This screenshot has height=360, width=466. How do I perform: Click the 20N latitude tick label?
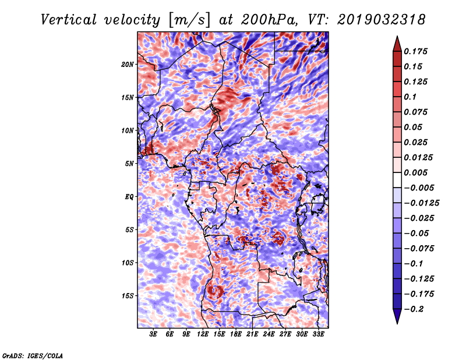tap(128, 65)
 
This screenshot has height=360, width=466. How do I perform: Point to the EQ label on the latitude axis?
tap(129, 197)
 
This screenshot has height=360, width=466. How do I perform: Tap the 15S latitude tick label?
tap(128, 296)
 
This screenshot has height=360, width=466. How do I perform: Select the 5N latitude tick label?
tap(129, 164)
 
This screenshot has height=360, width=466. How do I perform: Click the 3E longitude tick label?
tap(153, 334)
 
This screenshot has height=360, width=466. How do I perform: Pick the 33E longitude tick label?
tap(318, 334)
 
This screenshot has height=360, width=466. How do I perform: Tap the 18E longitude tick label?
tap(236, 334)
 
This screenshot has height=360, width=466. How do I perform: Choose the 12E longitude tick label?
tap(203, 334)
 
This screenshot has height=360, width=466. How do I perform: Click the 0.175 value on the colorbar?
tap(415, 51)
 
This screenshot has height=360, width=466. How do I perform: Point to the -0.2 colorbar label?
tap(414, 309)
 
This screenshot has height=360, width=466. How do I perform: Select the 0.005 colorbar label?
tap(415, 172)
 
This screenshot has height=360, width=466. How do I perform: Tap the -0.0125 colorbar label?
tap(421, 203)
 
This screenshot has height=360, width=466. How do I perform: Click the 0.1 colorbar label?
tap(410, 97)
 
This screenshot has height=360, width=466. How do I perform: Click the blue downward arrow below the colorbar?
tap(397, 316)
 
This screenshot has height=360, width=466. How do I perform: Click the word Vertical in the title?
tap(69, 20)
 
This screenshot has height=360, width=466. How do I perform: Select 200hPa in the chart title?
tap(269, 20)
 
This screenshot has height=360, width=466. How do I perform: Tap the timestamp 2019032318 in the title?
tap(382, 20)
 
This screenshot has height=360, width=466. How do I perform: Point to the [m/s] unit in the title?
tap(189, 20)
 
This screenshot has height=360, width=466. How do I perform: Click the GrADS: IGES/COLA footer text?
tap(33, 355)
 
